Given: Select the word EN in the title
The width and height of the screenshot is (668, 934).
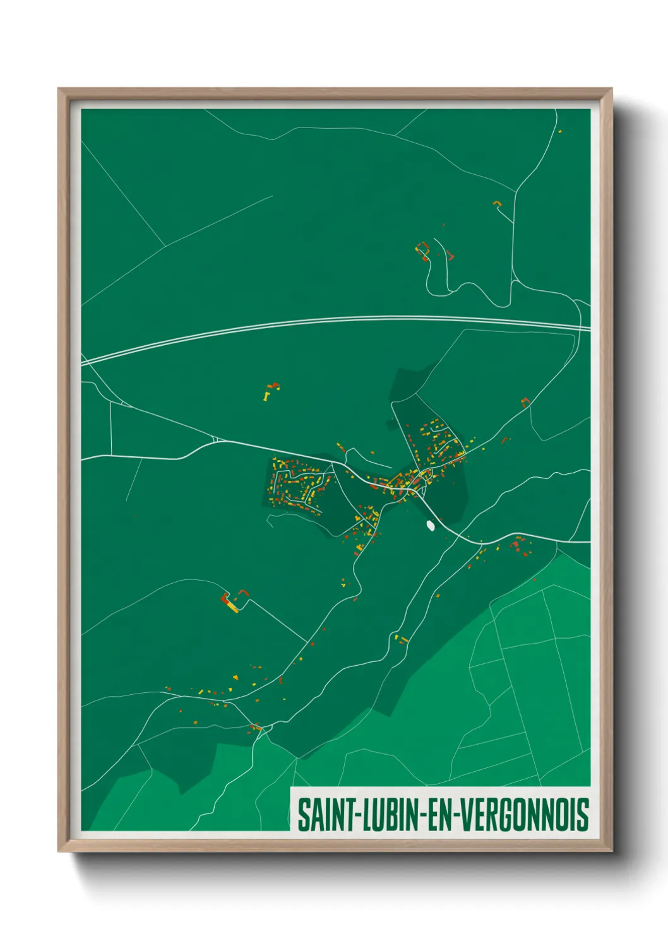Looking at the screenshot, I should (x=439, y=815).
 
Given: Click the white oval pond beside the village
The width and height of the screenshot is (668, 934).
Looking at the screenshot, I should (x=431, y=524).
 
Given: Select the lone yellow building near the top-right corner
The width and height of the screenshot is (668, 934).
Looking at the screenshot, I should (x=559, y=131).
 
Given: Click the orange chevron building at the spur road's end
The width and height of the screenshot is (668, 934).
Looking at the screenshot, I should (x=496, y=203).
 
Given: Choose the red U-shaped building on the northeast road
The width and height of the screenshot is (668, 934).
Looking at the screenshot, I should (x=525, y=401).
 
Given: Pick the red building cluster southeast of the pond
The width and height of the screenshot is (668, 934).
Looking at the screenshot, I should (x=520, y=547).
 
